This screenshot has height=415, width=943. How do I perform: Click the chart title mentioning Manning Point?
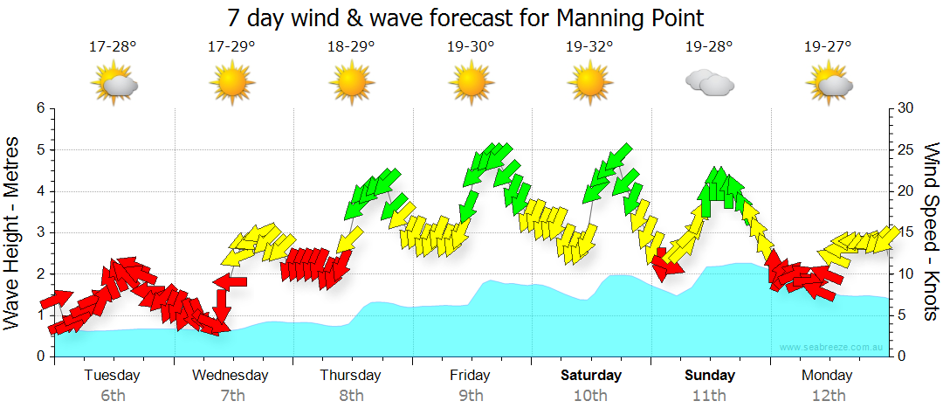click(465, 17)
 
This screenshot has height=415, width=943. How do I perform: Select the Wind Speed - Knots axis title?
click(930, 232)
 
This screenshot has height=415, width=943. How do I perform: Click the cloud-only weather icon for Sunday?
click(709, 83)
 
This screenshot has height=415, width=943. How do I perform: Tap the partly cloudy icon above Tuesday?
click(114, 84)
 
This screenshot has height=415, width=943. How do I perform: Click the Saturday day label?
click(590, 376)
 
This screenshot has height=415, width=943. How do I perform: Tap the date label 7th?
click(232, 396)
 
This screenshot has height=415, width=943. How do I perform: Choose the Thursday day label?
click(351, 376)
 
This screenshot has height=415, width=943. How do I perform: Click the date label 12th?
click(828, 396)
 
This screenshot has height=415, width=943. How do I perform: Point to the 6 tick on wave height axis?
click(40, 108)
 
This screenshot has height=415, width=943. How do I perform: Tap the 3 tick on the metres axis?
click(40, 232)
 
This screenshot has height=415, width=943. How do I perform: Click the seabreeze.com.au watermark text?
click(833, 348)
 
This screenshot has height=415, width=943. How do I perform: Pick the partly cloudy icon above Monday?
click(828, 84)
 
